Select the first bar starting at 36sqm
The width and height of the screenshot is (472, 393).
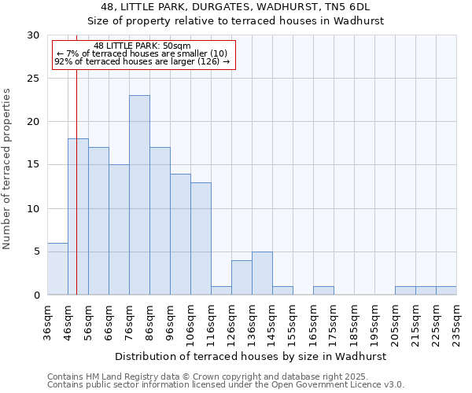pos(57,269)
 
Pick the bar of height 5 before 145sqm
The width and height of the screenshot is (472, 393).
pos(262,273)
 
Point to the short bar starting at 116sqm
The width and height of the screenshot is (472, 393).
pos(221,290)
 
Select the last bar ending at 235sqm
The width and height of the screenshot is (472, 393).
pos(446,290)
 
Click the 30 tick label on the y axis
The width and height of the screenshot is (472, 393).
pos(32,35)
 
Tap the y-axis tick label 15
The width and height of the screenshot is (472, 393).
pos(32,165)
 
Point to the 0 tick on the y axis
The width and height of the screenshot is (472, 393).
pos(35,295)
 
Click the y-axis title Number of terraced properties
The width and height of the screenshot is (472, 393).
pos(8,169)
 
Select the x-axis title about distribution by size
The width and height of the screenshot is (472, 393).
pos(252,356)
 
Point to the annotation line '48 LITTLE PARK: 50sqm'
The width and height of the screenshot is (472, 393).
pos(142,46)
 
